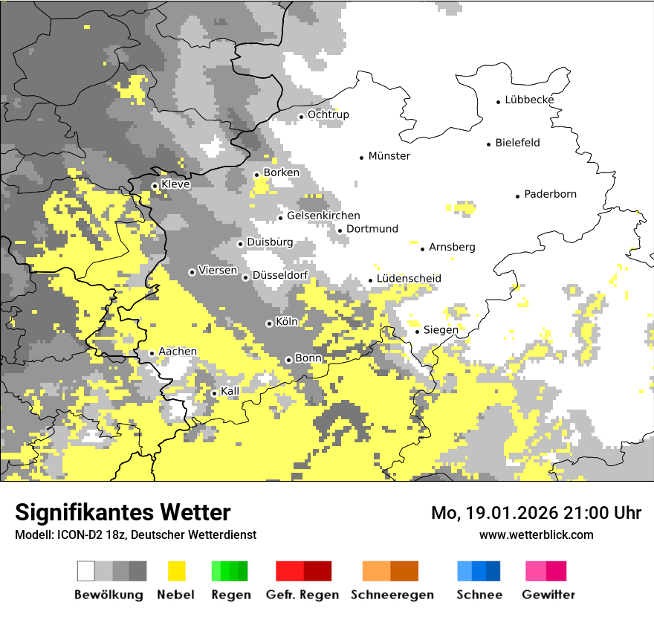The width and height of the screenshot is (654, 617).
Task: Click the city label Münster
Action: tap(389, 156)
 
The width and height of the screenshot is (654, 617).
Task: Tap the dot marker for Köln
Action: tap(269, 323)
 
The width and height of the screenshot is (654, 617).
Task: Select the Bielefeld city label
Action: tap(517, 143)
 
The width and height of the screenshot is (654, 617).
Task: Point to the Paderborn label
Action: tap(550, 194)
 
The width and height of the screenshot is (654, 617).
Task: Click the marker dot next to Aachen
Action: tap(152, 353)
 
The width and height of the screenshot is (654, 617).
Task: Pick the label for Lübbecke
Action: tap(529, 100)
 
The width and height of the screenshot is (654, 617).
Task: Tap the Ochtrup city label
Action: tap(328, 114)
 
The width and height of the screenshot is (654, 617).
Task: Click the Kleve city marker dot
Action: tap(155, 186)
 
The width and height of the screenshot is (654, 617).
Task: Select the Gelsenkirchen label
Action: tap(323, 216)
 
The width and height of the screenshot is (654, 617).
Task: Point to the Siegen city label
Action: tap(441, 329)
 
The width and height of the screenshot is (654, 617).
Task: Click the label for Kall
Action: tap(230, 391)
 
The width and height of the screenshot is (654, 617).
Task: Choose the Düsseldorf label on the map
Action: tap(279, 275)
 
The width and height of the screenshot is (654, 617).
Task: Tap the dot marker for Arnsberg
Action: tap(422, 248)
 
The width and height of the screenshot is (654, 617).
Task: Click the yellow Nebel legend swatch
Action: tap(177, 571)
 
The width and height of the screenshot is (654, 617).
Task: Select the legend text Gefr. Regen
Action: tap(302, 595)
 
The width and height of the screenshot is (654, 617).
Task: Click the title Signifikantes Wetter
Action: tap(123, 512)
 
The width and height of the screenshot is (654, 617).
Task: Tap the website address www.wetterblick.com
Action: tap(536, 534)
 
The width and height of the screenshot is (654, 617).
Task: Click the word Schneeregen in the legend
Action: tap(392, 595)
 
